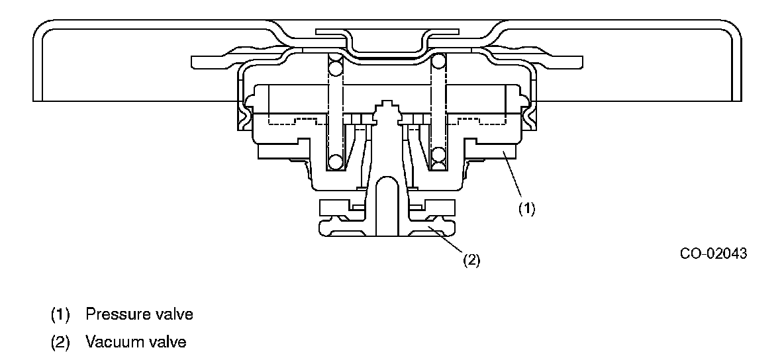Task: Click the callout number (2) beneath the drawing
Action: pyautogui.click(x=470, y=260)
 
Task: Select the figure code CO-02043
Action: pyautogui.click(x=712, y=253)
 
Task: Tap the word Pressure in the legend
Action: pyautogui.click(x=112, y=314)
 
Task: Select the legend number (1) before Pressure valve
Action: pyautogui.click(x=60, y=314)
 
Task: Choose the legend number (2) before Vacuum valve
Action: pyautogui.click(x=60, y=342)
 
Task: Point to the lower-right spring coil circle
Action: pyautogui.click(x=438, y=156)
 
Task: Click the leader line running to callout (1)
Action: pyautogui.click(x=514, y=176)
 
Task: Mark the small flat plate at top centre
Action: pyautogui.click(x=387, y=31)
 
